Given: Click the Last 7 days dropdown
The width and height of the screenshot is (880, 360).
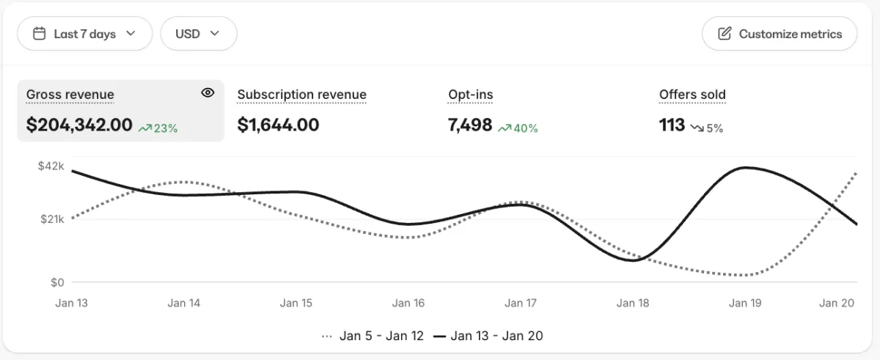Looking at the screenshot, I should coord(84,34).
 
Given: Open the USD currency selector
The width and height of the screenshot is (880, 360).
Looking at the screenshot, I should coord(198,34).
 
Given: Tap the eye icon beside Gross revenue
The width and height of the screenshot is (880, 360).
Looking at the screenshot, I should coord(208,92).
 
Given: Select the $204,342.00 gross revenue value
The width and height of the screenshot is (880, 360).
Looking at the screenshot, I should coord(79,125).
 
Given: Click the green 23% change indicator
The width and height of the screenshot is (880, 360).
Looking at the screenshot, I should coord(158,128).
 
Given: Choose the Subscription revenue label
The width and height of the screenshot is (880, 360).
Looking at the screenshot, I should coord(301,95).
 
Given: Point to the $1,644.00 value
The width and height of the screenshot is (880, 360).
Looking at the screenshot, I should coord(278,125).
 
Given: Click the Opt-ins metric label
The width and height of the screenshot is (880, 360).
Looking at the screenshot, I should coord(470,95).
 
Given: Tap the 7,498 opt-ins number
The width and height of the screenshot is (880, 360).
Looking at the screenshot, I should coord(470,125).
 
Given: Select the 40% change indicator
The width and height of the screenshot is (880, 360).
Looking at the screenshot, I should coord(518,128).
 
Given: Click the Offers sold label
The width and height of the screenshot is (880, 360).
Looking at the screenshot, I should coord(692,95).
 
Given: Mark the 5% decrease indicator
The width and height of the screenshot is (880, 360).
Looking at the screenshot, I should coord(707,128).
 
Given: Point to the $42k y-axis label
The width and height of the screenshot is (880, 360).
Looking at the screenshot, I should coord(51,166).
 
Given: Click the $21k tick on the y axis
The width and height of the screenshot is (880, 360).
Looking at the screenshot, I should coord(51,219).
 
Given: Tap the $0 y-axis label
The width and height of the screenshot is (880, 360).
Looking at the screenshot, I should coord(56,282).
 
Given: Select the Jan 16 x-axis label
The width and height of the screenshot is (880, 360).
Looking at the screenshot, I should coord(408,303).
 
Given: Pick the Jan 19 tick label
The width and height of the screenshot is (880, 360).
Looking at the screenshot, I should coord(745,303).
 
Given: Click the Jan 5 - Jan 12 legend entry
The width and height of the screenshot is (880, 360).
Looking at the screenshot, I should coord(374,336).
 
